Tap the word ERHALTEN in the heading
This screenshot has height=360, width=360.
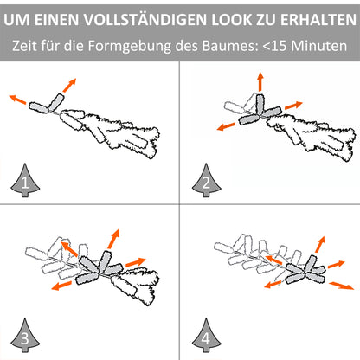tap(318, 20)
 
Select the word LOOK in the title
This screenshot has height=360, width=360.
tap(229, 20)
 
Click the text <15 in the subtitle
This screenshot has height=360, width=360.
tap(275, 46)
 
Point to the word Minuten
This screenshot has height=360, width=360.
tap(319, 46)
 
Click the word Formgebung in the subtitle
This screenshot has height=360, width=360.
tap(130, 46)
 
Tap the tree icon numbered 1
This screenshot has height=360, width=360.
tap(25, 180)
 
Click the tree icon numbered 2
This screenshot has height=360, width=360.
tap(206, 180)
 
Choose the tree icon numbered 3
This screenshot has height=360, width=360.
tap(25, 335)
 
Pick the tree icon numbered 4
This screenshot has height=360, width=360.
tap(206, 335)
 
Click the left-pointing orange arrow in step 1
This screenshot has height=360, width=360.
tap(17, 99)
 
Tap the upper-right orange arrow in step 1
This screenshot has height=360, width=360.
tap(69, 85)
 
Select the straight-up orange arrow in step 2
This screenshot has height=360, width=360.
tap(260, 81)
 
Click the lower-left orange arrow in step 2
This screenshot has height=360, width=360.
tap(226, 126)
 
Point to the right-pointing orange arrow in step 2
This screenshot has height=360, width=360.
tap(293, 105)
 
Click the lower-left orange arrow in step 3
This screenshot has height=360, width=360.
tap(61, 286)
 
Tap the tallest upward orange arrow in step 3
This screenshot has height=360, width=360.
tap(113, 239)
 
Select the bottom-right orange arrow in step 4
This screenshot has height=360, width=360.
tap(342, 286)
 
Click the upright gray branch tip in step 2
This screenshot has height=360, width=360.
tap(260, 103)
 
